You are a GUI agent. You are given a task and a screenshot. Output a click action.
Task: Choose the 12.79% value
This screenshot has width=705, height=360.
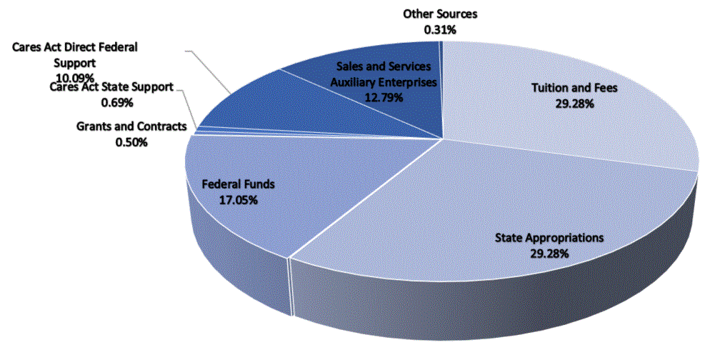point(383,96)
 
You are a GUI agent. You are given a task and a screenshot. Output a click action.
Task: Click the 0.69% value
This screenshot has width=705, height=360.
point(112,102)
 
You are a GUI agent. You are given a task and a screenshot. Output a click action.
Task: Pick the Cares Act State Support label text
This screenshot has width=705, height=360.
point(112,88)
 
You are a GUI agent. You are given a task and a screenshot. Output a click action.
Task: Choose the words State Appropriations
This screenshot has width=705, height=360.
point(550,238)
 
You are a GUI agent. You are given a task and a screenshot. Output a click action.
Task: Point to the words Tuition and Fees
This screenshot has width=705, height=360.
point(574,89)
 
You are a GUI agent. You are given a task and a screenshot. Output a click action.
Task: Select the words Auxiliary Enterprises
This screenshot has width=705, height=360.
point(383,81)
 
